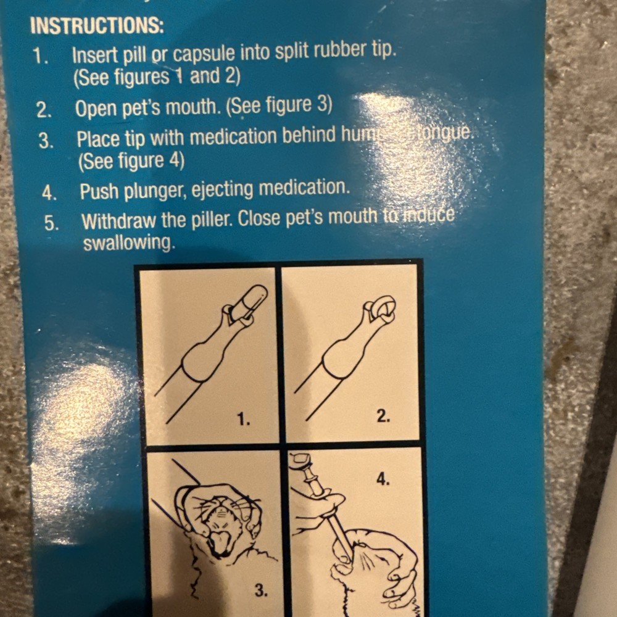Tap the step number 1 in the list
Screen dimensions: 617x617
[x=41, y=57]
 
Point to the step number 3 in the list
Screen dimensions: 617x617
[x=46, y=141]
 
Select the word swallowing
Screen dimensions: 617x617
[x=128, y=243]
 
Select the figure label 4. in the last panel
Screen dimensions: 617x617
[x=383, y=479]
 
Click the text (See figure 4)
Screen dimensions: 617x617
[x=130, y=162]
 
